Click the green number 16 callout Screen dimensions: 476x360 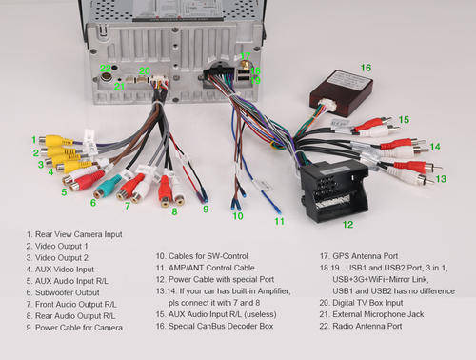tap(366, 68)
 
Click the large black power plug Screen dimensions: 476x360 tap(334, 190)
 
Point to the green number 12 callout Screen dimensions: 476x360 tap(347, 225)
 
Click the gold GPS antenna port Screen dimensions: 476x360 tap(245, 66)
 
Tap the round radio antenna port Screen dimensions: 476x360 tap(106, 77)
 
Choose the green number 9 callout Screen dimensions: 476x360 tap(206, 210)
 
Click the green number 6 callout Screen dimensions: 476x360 tap(93, 203)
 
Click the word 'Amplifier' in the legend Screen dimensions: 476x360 tap(274, 291)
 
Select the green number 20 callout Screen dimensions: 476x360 tap(145, 70)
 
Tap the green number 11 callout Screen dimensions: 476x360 tap(279, 221)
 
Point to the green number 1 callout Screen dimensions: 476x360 tap(34, 140)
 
